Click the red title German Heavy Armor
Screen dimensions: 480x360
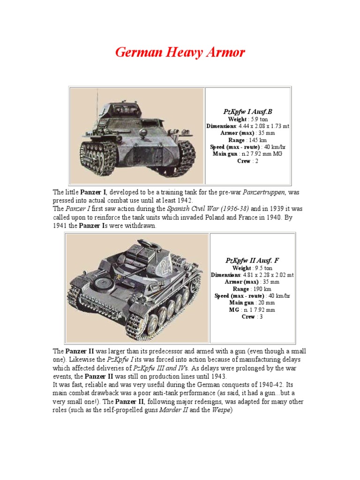(x=180, y=52)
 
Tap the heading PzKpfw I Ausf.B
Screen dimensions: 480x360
(x=247, y=112)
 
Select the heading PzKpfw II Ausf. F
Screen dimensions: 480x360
(x=252, y=261)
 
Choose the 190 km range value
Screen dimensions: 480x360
(x=261, y=289)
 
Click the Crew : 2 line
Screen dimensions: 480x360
(x=247, y=161)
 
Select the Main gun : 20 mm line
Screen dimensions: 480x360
(x=252, y=303)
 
